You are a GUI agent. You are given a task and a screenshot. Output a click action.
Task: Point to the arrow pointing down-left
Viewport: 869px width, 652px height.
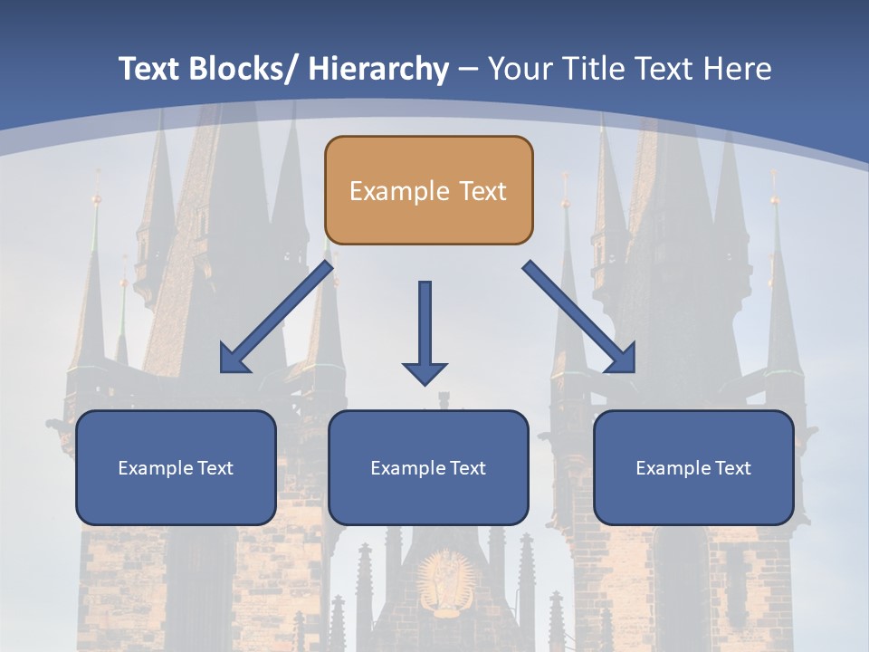click(277, 318)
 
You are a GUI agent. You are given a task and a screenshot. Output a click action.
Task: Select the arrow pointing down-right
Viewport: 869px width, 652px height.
click(579, 318)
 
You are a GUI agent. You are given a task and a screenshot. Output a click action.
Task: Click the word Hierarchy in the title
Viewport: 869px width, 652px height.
click(378, 69)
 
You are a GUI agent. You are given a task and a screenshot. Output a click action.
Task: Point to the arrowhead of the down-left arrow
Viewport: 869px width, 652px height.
click(234, 360)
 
